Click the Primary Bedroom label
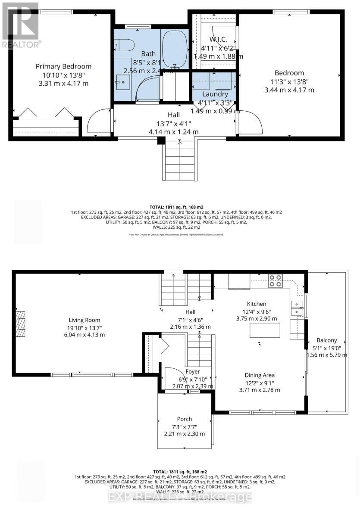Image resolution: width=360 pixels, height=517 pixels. [x=63, y=66]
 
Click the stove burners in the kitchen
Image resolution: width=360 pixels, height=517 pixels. [x=275, y=280]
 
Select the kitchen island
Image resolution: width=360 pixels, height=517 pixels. [x=265, y=330]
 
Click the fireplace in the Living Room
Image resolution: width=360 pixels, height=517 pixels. [x=20, y=320]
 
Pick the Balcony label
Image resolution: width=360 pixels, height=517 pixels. [x=326, y=340]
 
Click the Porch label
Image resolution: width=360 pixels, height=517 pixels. [x=185, y=419]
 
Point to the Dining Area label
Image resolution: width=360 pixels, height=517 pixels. [x=260, y=375]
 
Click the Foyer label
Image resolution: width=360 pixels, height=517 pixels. [x=193, y=371]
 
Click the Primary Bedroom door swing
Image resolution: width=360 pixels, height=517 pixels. [x=97, y=122]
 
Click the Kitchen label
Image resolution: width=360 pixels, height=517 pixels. [x=257, y=304]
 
